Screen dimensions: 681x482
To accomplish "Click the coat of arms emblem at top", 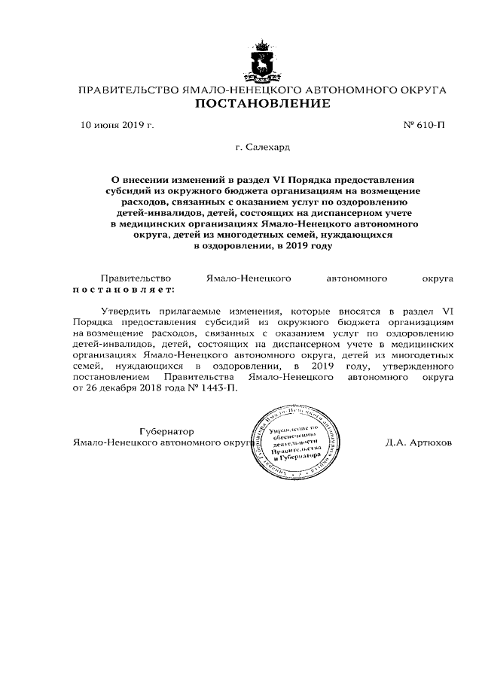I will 263,65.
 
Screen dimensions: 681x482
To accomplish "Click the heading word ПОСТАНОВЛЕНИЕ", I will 263,104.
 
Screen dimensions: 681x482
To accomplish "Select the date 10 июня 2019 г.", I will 117,125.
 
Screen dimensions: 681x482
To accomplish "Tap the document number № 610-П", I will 425,125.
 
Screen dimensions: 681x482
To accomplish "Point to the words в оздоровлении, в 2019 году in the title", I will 263,245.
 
